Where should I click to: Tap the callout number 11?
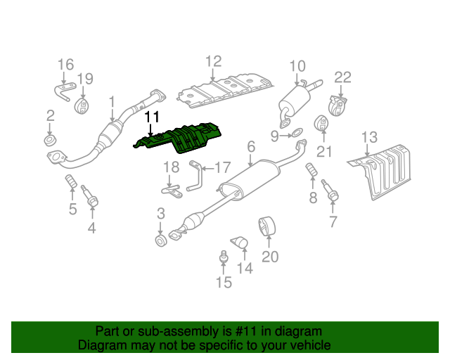click(152, 117)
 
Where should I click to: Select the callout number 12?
click(214, 61)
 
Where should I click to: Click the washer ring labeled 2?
click(50, 141)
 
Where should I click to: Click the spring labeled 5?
click(70, 181)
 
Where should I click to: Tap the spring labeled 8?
click(311, 169)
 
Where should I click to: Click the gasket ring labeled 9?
click(297, 133)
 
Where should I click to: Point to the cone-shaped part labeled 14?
click(240, 243)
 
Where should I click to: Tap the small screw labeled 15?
click(224, 256)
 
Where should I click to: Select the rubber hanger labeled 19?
click(82, 106)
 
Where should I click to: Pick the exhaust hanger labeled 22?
click(337, 106)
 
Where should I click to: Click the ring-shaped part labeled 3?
click(161, 240)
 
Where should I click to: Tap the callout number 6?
click(251, 146)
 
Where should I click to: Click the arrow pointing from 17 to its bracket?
click(208, 169)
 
